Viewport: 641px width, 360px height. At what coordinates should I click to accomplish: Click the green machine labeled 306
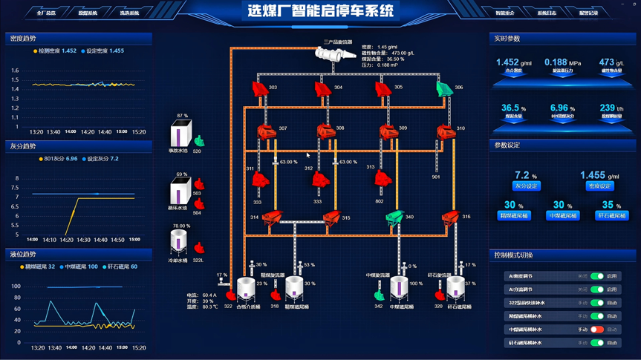[443, 89]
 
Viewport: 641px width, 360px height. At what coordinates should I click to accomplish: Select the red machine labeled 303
[258, 89]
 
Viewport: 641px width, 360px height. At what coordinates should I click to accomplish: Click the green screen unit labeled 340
[394, 217]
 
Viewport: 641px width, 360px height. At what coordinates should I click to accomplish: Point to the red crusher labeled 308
[325, 132]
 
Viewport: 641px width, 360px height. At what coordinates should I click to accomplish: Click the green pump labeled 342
[379, 296]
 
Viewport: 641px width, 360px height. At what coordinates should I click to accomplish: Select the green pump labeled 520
[198, 140]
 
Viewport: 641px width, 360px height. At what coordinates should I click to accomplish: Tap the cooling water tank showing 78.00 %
[179, 242]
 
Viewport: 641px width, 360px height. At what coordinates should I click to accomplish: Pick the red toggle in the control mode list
[597, 330]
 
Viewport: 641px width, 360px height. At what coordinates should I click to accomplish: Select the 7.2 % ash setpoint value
[526, 176]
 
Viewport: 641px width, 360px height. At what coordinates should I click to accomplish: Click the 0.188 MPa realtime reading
[562, 63]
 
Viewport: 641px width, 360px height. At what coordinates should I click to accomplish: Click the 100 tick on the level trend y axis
[16, 287]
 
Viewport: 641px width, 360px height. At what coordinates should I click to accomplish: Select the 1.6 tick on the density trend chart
[15, 71]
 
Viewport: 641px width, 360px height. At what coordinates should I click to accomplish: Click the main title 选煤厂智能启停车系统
[320, 11]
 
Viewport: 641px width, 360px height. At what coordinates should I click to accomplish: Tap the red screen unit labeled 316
[450, 217]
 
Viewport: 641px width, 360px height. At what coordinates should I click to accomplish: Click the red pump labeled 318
[276, 295]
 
